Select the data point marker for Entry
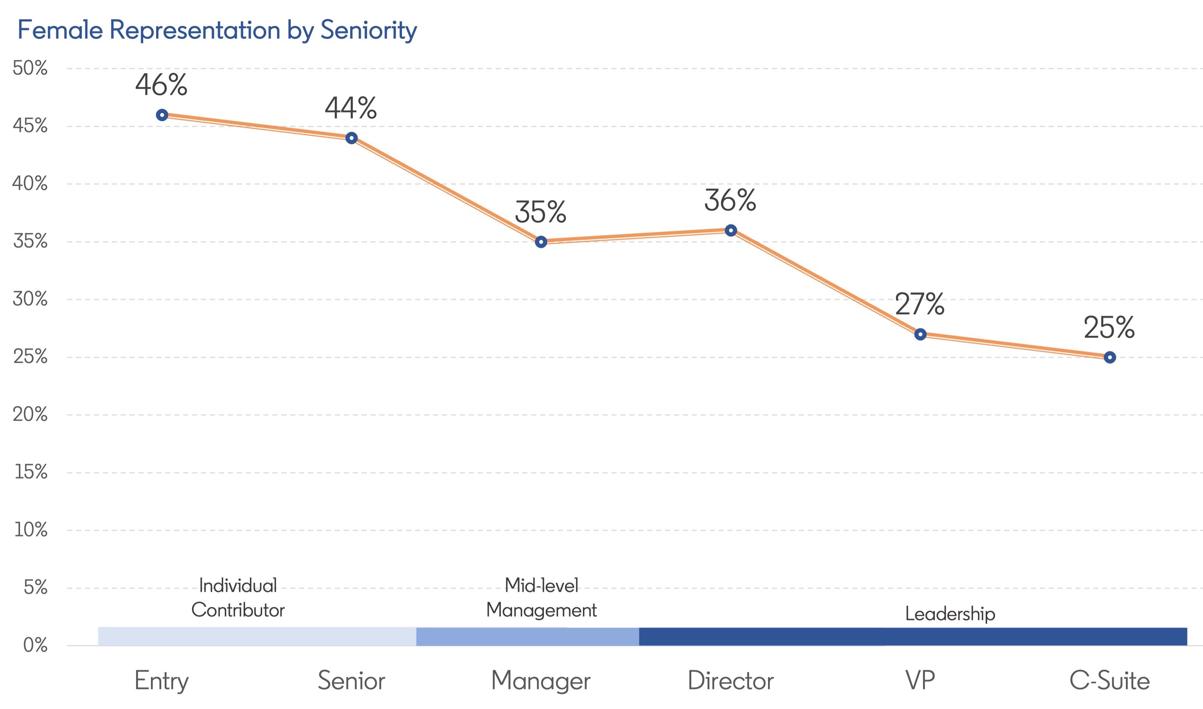coord(162,115)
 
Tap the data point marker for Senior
coord(352,138)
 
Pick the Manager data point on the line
coord(541,242)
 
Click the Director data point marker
coord(731,231)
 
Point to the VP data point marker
coord(920,334)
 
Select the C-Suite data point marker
coord(1110,357)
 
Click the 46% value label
coord(161,85)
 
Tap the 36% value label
coord(730,200)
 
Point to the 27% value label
coord(919,304)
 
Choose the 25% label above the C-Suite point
coord(1109,328)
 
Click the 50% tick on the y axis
coord(30,68)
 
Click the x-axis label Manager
coord(541,681)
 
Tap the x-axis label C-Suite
coord(1110,680)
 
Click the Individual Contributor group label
coord(238,598)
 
